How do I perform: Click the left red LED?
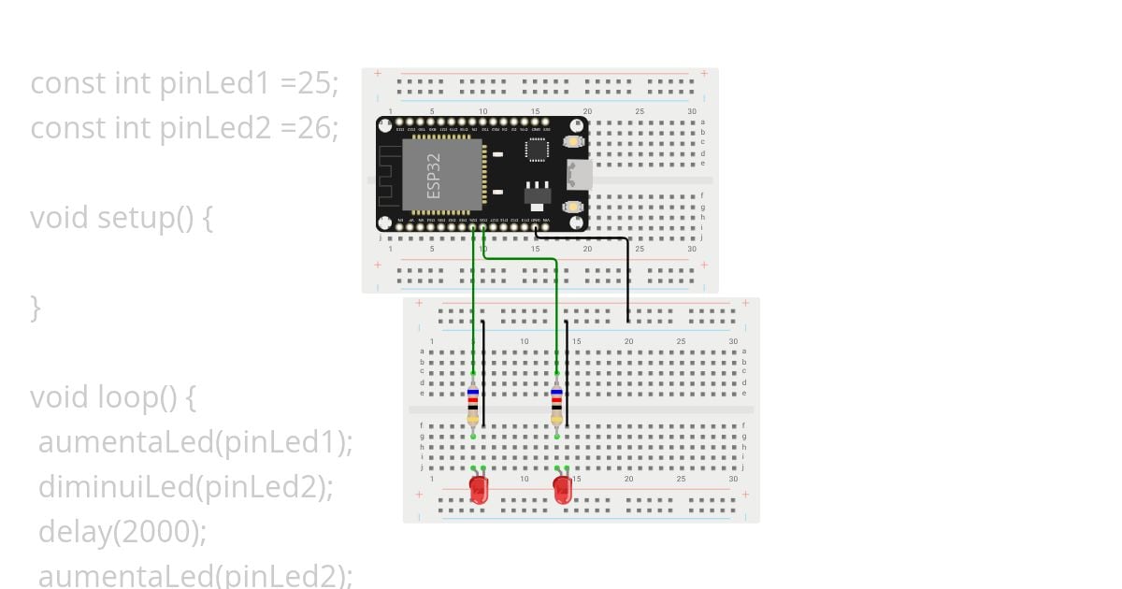point(478,489)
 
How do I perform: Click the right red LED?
point(562,489)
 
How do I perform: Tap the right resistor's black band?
point(556,407)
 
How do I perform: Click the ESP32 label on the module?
point(434,175)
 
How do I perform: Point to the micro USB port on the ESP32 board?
point(579,174)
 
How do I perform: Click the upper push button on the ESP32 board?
point(572,142)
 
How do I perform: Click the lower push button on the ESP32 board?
point(572,207)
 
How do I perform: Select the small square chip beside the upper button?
point(537,150)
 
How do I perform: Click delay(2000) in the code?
point(122,531)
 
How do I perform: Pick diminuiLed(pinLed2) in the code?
point(185,486)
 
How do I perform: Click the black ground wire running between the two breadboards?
point(627,280)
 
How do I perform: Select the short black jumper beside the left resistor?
point(483,374)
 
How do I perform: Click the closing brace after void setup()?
point(36,307)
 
